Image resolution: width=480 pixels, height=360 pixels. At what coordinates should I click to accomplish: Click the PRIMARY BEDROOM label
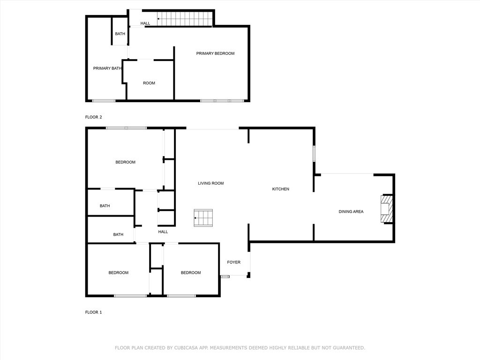[x=215, y=53]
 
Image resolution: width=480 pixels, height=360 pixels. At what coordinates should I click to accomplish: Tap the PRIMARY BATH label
[x=107, y=68]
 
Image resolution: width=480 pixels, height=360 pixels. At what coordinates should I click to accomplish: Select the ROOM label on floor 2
[x=149, y=83]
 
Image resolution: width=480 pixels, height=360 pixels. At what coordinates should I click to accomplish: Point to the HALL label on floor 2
[x=145, y=23]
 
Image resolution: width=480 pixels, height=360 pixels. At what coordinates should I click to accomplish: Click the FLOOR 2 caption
[x=93, y=117]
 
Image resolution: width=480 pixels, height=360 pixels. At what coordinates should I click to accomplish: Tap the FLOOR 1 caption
[x=93, y=312]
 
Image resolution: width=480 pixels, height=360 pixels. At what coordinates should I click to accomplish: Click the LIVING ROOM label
[x=210, y=183]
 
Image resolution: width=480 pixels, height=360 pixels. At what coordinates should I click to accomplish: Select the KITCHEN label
[x=281, y=189]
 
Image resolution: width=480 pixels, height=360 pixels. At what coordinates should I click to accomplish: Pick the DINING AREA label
[x=351, y=212]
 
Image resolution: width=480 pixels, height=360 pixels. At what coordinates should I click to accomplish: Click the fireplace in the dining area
[x=385, y=209]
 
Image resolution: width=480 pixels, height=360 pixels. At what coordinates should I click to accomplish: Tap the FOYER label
[x=234, y=262]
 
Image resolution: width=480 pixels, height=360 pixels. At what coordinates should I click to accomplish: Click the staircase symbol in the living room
[x=203, y=218]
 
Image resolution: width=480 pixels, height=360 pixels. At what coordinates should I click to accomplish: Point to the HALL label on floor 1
[x=163, y=232]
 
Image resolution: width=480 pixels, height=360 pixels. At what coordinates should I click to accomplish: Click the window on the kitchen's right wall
[x=314, y=154]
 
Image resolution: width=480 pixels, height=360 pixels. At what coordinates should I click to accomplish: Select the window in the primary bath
[x=103, y=100]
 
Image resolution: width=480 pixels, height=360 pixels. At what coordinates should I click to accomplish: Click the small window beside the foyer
[x=225, y=277]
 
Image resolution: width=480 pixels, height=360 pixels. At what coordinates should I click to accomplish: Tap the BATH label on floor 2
[x=120, y=34]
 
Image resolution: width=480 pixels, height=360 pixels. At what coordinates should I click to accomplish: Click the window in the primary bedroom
[x=222, y=100]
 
